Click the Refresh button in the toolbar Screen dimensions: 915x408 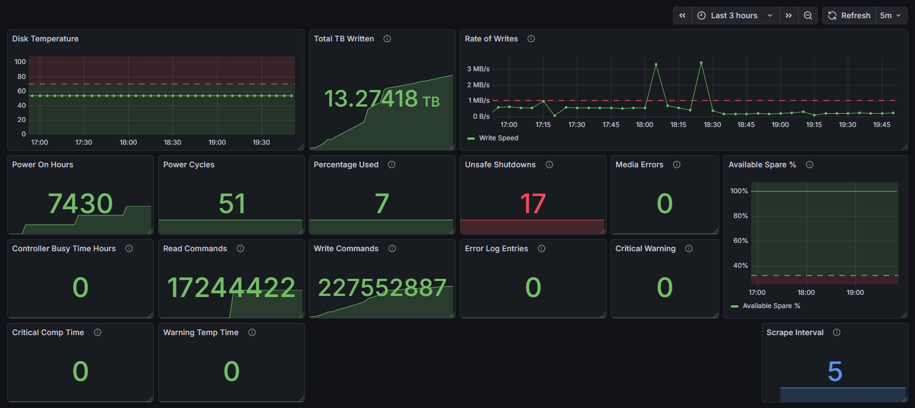[x=849, y=15]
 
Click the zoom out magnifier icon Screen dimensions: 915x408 [x=807, y=15]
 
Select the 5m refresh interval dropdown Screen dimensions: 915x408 [x=891, y=15]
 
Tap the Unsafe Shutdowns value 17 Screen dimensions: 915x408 [x=533, y=204]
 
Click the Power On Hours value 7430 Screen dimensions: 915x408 [x=80, y=204]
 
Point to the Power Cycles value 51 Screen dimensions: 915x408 [x=232, y=204]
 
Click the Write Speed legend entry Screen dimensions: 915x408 [x=493, y=138]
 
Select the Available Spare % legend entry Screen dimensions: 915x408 [x=766, y=306]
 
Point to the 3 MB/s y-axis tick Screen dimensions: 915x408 [x=478, y=68]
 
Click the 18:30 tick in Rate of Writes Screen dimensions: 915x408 [x=712, y=125]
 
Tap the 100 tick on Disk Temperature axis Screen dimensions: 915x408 [x=20, y=62]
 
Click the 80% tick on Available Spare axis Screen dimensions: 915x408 [x=740, y=216]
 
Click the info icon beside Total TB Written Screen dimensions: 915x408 [x=387, y=39]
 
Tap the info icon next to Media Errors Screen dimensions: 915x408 [x=676, y=165]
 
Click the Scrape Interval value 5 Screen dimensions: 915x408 [x=835, y=371]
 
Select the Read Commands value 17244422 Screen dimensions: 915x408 [x=231, y=288]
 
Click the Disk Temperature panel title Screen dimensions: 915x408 [x=45, y=39]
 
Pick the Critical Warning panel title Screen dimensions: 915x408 [x=645, y=248]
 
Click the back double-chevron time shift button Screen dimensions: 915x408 [x=682, y=15]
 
